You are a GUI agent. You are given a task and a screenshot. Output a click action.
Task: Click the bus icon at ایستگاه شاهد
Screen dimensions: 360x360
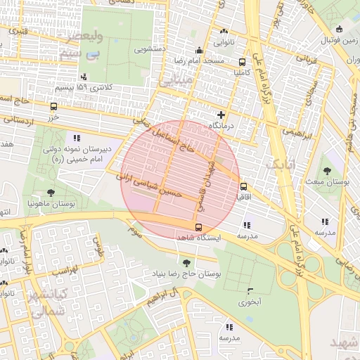tap(198, 227)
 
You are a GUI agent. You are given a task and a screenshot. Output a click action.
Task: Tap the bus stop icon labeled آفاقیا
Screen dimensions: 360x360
tap(243, 187)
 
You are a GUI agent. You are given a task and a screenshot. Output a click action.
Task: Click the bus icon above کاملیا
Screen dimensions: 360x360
tap(243, 61)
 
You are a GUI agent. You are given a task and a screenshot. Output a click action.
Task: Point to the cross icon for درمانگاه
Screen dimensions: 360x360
tap(221, 114)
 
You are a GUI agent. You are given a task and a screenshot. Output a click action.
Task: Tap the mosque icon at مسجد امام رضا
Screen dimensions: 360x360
tap(199, 50)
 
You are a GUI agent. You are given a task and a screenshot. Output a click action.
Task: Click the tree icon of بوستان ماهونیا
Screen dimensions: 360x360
tap(51, 192)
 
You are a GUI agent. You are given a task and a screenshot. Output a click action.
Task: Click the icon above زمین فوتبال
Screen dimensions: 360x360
tap(340, 30)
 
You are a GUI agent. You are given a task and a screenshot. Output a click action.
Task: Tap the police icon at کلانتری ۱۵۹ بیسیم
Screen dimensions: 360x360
tap(84, 77)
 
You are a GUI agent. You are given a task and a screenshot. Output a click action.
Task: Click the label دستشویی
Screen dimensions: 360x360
tap(150, 50)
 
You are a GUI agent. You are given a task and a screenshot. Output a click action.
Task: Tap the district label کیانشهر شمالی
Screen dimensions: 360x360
tap(45, 300)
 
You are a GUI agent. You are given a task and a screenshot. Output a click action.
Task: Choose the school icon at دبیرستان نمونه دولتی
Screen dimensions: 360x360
tap(76, 138)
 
